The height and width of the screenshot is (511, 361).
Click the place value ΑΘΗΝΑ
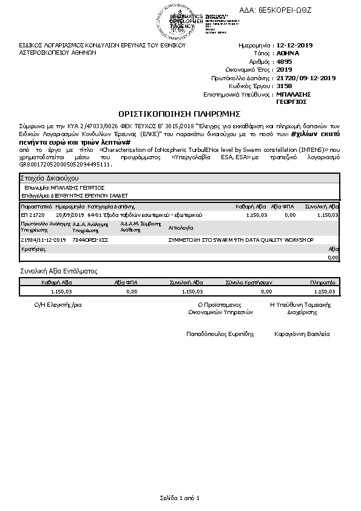[x=288, y=53]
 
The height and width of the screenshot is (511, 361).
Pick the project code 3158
[x=283, y=86]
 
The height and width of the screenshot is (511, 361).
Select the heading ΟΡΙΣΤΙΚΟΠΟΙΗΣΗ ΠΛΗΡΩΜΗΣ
[x=180, y=114]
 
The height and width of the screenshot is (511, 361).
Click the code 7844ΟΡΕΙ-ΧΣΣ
[x=90, y=241]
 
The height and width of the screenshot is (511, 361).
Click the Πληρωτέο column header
[x=322, y=283]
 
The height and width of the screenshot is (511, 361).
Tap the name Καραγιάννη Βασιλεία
[x=302, y=334]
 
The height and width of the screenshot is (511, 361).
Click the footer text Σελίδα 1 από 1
[x=180, y=498]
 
